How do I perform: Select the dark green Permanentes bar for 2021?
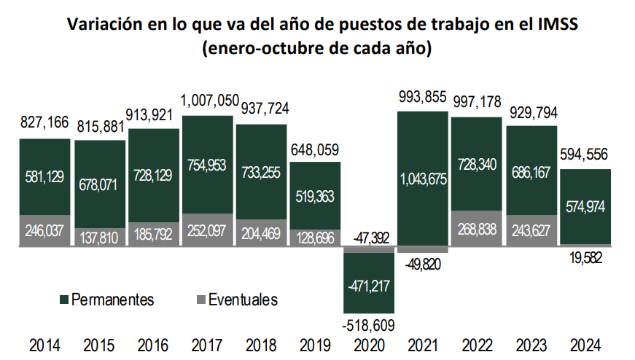click(424, 146)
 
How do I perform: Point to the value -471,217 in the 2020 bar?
click(370, 285)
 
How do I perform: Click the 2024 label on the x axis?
click(585, 346)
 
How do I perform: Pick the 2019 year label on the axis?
click(316, 346)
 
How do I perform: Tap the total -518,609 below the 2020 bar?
click(370, 325)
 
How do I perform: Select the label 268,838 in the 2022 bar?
click(478, 230)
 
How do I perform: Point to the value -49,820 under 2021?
click(424, 263)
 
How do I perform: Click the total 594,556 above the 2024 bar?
click(585, 155)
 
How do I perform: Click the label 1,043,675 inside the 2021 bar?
click(424, 180)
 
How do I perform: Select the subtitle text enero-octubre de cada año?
click(318, 50)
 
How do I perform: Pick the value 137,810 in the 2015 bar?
click(99, 237)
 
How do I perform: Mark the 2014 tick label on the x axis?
click(44, 346)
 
